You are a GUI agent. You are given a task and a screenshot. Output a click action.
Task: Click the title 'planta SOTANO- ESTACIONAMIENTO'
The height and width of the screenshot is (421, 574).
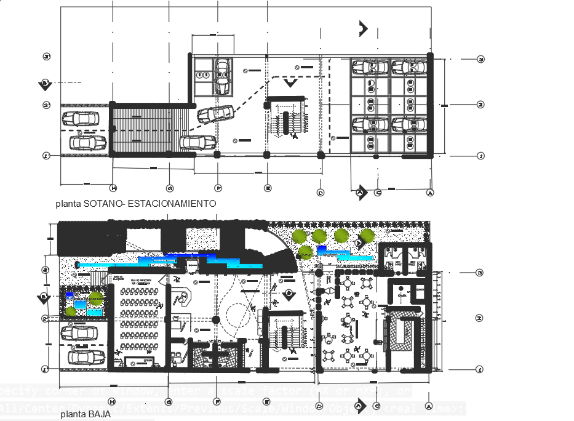[x=135, y=203]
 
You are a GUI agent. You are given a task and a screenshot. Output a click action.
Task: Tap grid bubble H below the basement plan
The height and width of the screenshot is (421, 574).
[x=113, y=188]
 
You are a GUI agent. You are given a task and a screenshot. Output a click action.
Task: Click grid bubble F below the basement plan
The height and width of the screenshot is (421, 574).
[x=218, y=188]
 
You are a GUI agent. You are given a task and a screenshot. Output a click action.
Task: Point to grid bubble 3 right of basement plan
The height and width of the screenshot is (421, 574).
[x=481, y=59]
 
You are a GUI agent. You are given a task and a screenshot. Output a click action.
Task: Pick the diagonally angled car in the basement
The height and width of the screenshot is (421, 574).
[x=215, y=114]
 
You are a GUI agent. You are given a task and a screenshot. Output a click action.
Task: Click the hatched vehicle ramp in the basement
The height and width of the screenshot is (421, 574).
[x=148, y=130]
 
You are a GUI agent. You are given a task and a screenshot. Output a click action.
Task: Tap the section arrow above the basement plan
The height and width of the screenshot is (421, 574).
[x=363, y=28]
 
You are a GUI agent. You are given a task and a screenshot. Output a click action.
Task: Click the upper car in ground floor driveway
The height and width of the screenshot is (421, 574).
[x=79, y=333]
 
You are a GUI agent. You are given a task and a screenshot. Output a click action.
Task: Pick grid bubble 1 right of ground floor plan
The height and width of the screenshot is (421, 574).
[x=480, y=369]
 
